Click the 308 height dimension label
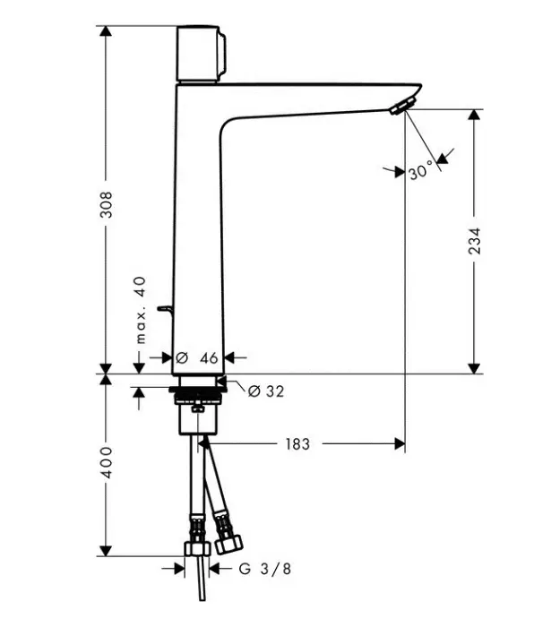point(107,204)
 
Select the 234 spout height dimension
point(474,241)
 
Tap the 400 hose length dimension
point(107,462)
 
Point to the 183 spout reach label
point(297,444)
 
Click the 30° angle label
point(421,171)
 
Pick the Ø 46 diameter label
point(197,358)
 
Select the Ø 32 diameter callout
point(266,391)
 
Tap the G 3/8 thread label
point(265,568)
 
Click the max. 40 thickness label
point(141,310)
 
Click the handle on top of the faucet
point(202,54)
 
